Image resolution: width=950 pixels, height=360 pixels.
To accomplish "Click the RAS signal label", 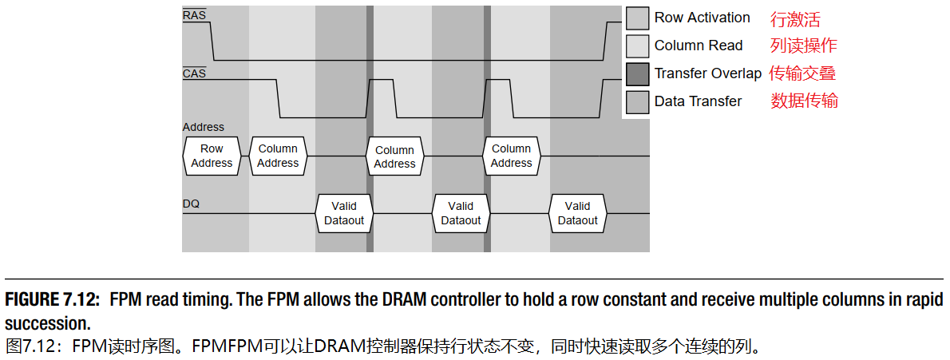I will (x=194, y=14).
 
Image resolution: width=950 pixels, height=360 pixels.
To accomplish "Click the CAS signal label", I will (x=194, y=73).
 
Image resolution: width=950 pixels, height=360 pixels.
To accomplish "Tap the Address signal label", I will (x=204, y=127).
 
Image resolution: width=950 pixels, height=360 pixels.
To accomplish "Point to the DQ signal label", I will (x=191, y=204).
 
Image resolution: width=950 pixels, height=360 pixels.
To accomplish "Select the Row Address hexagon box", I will (x=212, y=156).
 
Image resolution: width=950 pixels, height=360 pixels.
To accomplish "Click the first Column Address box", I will (x=278, y=156).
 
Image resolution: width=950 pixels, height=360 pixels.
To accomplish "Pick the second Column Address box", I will (x=394, y=156).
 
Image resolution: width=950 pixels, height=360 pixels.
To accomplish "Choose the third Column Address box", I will (x=511, y=156).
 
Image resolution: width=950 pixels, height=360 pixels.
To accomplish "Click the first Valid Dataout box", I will (x=344, y=213).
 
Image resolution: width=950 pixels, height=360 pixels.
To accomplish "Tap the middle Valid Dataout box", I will (x=461, y=213).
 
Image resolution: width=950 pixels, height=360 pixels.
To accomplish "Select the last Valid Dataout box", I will (x=577, y=213).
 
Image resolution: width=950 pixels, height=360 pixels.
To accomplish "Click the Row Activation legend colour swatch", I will (x=637, y=18).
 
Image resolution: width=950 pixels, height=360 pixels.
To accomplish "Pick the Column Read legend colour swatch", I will (x=637, y=46).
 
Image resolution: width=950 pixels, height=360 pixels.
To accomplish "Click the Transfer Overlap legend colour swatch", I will (x=637, y=74).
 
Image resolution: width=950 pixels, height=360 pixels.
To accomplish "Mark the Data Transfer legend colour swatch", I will (x=637, y=102).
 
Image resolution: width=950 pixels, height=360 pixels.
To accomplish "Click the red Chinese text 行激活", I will (x=794, y=18).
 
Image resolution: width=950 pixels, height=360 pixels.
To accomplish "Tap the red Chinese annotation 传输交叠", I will (x=802, y=73).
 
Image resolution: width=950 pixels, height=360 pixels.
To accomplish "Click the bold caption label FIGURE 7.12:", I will (x=53, y=300).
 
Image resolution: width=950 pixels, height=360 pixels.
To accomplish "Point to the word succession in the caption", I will (x=47, y=323).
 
